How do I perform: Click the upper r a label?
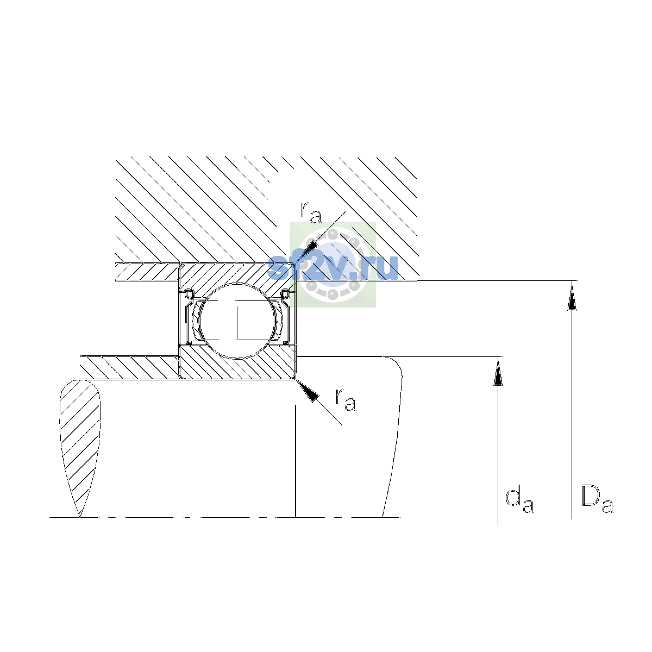coord(311,213)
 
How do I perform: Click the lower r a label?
coord(346,399)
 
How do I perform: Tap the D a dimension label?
coord(597,499)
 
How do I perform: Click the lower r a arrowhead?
coord(309,391)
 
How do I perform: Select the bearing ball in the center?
coord(238,321)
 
